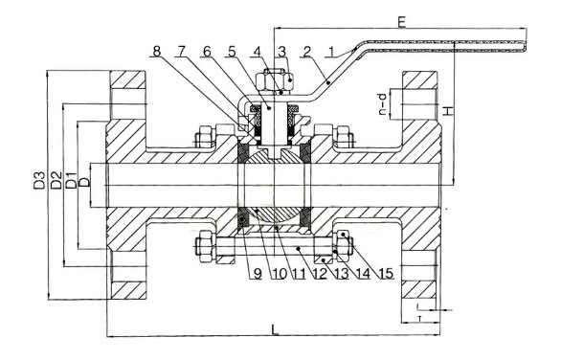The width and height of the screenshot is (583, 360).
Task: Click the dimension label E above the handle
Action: [401, 22]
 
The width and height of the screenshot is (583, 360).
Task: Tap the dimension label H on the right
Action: [448, 110]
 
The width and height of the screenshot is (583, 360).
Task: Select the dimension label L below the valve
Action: [275, 329]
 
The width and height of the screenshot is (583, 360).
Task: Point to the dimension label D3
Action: [40, 180]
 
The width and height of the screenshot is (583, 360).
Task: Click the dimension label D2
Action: [56, 180]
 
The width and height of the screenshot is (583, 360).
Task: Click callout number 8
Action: [157, 52]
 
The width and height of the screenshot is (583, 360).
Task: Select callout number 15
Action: [387, 274]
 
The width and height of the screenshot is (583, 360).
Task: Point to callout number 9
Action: [258, 274]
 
